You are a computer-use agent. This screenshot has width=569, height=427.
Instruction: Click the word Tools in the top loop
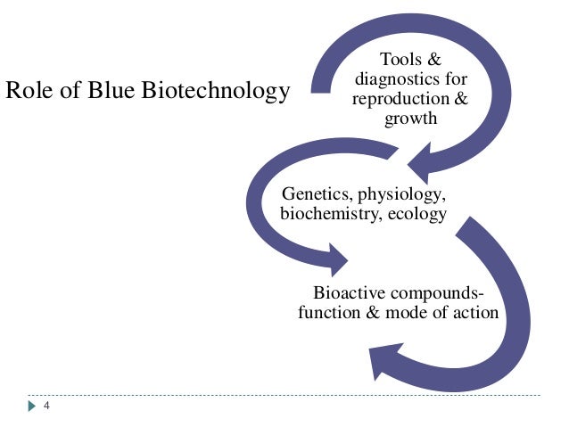tap(398, 60)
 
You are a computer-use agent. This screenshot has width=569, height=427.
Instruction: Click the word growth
tap(410, 118)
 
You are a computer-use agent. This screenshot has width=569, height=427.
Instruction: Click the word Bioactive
tap(350, 293)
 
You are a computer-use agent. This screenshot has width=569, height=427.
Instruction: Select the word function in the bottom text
tap(330, 313)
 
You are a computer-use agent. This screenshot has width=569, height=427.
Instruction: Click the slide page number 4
tap(46, 406)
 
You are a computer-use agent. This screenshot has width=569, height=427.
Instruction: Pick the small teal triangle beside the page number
tap(31, 406)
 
